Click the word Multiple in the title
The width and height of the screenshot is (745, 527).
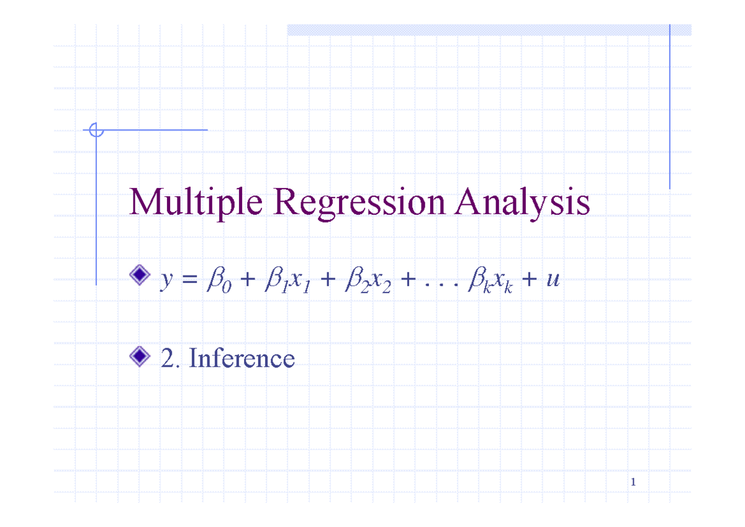[x=196, y=202]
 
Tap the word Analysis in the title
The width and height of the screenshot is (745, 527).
[x=522, y=202]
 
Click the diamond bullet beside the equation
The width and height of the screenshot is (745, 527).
[x=140, y=274]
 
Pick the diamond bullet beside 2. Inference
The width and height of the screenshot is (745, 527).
[x=140, y=356]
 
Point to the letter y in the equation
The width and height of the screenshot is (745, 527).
[x=167, y=281]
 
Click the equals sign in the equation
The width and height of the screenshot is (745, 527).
[x=190, y=279]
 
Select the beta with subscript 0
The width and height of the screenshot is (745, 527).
[x=219, y=280]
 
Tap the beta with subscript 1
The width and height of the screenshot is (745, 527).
[x=277, y=280]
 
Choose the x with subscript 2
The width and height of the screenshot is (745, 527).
[x=381, y=282]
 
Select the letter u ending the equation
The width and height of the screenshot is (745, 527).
[x=553, y=279]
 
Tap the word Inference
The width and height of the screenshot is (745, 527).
[x=242, y=358]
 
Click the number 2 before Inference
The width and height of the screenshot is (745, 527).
[x=168, y=358]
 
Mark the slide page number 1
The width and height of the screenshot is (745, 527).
[x=633, y=482]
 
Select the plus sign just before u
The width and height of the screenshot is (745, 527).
[x=530, y=279]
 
